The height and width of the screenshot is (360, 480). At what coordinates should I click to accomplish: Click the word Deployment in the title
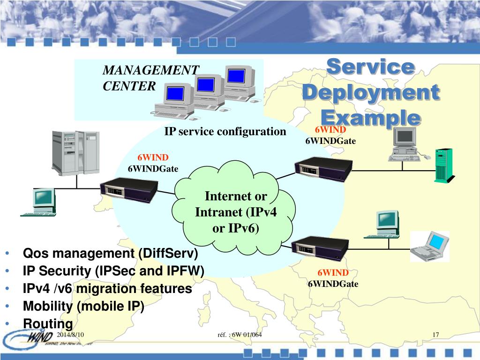(370, 92)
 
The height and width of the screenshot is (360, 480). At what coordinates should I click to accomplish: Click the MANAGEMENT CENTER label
(150, 78)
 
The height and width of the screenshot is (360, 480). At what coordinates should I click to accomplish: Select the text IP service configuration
(225, 132)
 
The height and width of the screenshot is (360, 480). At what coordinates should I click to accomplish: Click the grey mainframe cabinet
(75, 152)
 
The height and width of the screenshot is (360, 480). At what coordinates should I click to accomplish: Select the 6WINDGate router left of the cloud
(129, 190)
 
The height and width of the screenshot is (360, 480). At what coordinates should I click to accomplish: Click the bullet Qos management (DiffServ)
(111, 254)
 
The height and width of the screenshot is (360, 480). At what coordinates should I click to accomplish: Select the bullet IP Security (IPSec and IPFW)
(114, 271)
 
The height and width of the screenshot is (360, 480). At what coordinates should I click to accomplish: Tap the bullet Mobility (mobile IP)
(84, 306)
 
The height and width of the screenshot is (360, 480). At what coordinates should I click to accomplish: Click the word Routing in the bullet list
(48, 323)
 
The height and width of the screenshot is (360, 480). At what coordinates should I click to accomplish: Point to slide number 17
(435, 334)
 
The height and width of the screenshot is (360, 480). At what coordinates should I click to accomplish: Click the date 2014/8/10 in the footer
(70, 334)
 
